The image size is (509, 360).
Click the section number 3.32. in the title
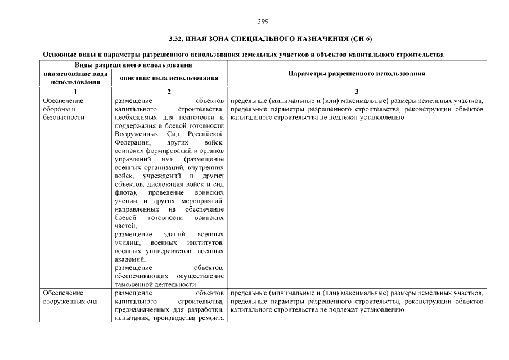pyautogui.click(x=178, y=39)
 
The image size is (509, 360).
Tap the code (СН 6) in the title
pyautogui.click(x=361, y=39)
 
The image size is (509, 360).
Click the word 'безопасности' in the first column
pyautogui.click(x=63, y=118)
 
